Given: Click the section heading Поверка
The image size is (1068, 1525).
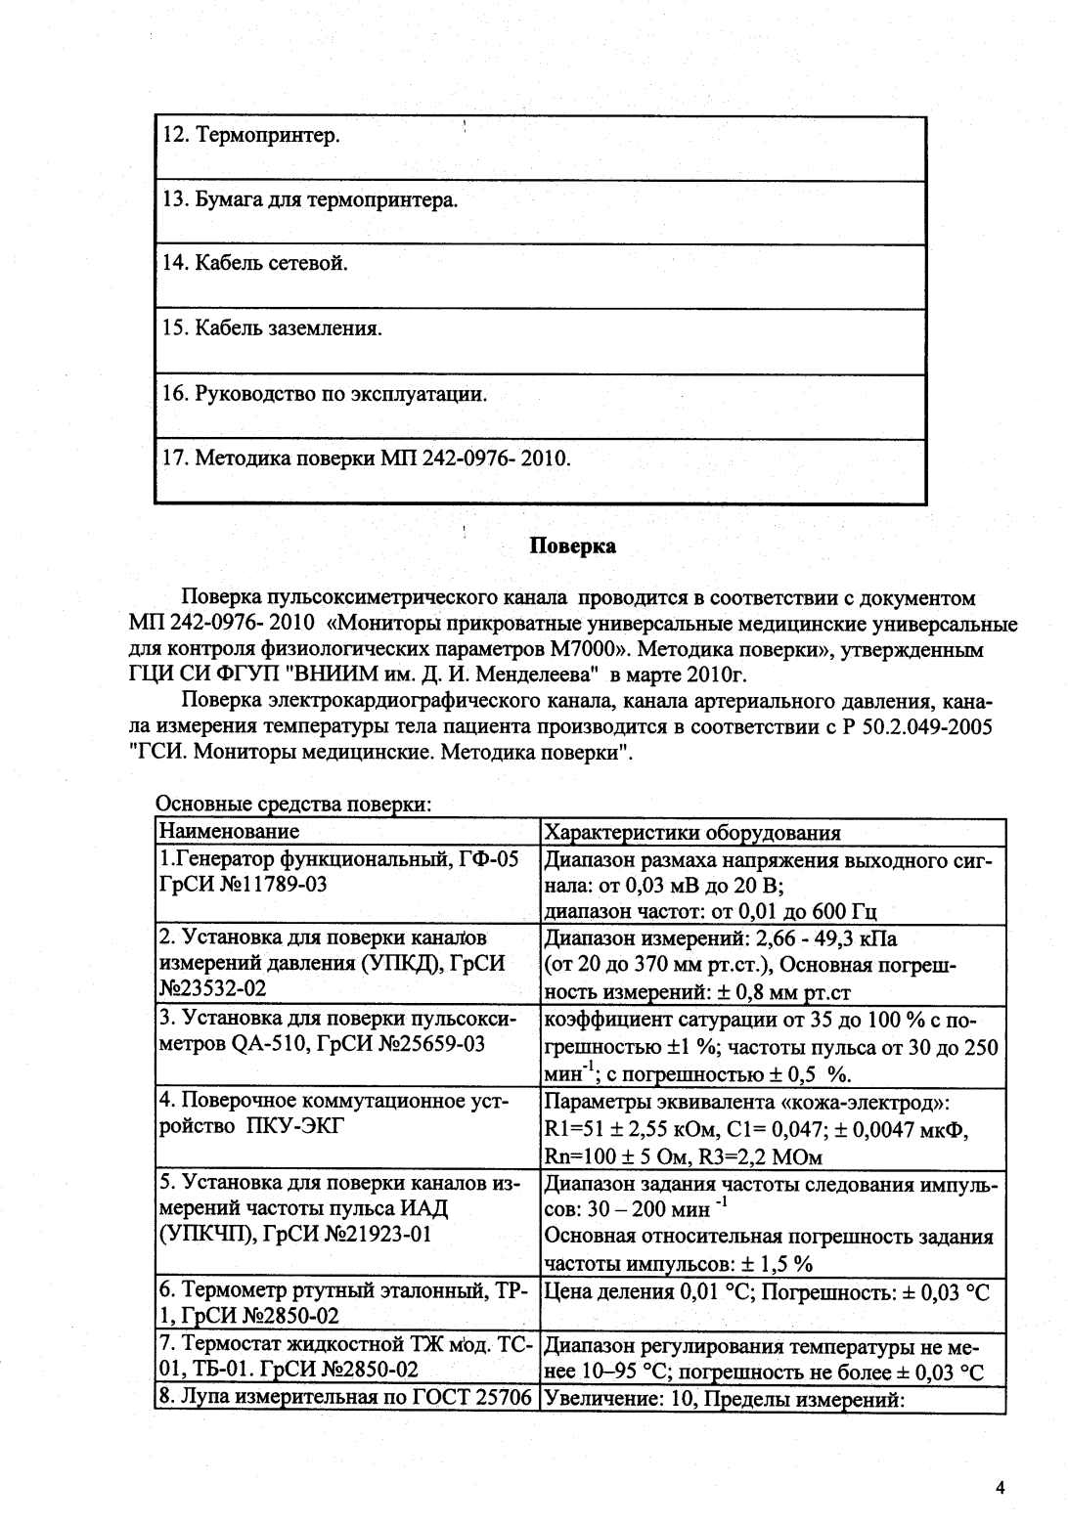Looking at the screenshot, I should coord(572,545).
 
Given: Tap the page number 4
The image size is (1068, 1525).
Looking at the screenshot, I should coord(1000,1489).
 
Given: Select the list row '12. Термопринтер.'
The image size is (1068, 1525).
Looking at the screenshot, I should coord(251,135).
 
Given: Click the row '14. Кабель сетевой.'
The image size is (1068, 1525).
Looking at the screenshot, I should coord(255,263).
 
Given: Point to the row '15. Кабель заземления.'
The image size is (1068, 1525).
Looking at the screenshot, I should coord(272,327).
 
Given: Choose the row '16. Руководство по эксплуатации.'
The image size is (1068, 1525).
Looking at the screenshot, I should coord(325,394).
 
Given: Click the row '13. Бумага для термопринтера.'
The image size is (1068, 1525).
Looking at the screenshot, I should coord(310,200).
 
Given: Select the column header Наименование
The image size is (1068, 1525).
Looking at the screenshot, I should coord(229,832).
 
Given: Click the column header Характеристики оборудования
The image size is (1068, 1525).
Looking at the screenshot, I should coord(691,833).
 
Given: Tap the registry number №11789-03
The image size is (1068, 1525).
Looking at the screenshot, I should coord(269,885).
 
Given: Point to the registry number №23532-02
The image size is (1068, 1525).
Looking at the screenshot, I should coord(212,988).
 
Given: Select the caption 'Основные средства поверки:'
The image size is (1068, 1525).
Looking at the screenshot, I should coord(293,805).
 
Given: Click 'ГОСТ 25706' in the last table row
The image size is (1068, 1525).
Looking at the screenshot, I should coord(476,1399).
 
